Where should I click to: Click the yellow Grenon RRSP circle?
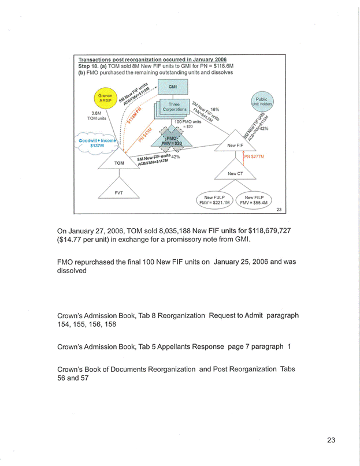105,98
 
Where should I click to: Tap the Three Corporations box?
174,107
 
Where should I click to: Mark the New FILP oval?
254,200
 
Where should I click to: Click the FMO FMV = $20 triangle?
172,141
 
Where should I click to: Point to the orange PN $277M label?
254,156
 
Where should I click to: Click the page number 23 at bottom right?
331,441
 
